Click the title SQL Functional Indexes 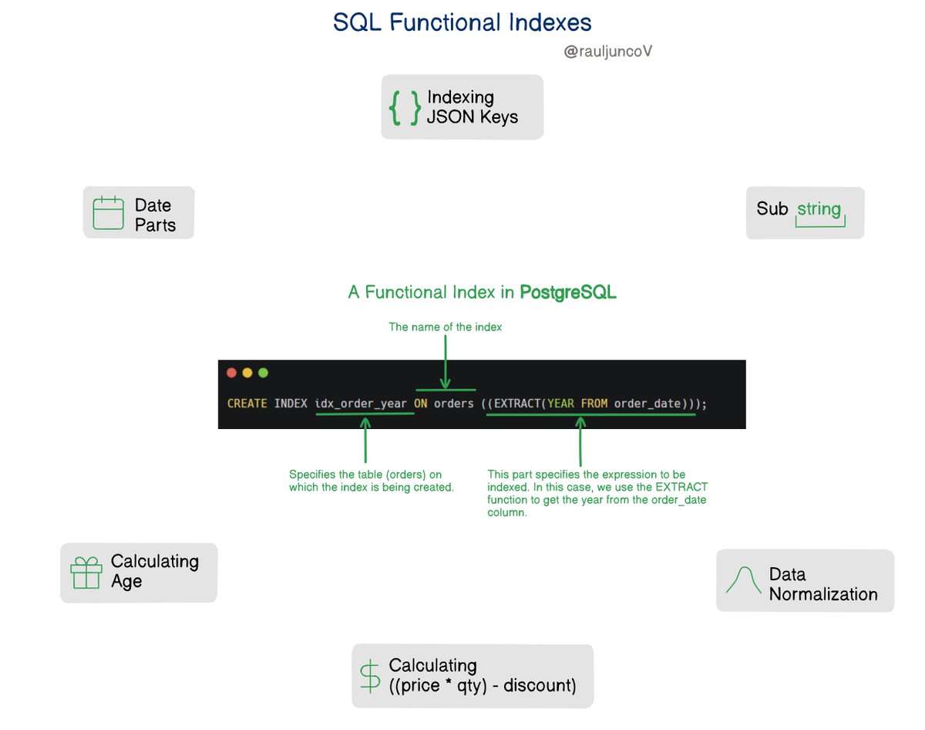tap(462, 22)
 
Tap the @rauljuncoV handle tap(609, 52)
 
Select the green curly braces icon tap(405, 108)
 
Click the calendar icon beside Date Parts tap(108, 213)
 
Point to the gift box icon tap(86, 573)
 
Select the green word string tap(819, 210)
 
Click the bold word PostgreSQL tap(568, 292)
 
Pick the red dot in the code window tap(231, 373)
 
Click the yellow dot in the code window tap(247, 373)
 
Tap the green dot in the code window tap(263, 373)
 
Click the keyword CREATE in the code tap(247, 404)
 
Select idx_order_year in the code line tap(361, 404)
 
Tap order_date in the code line tap(646, 404)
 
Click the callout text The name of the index tap(446, 327)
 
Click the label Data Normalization tap(822, 584)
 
